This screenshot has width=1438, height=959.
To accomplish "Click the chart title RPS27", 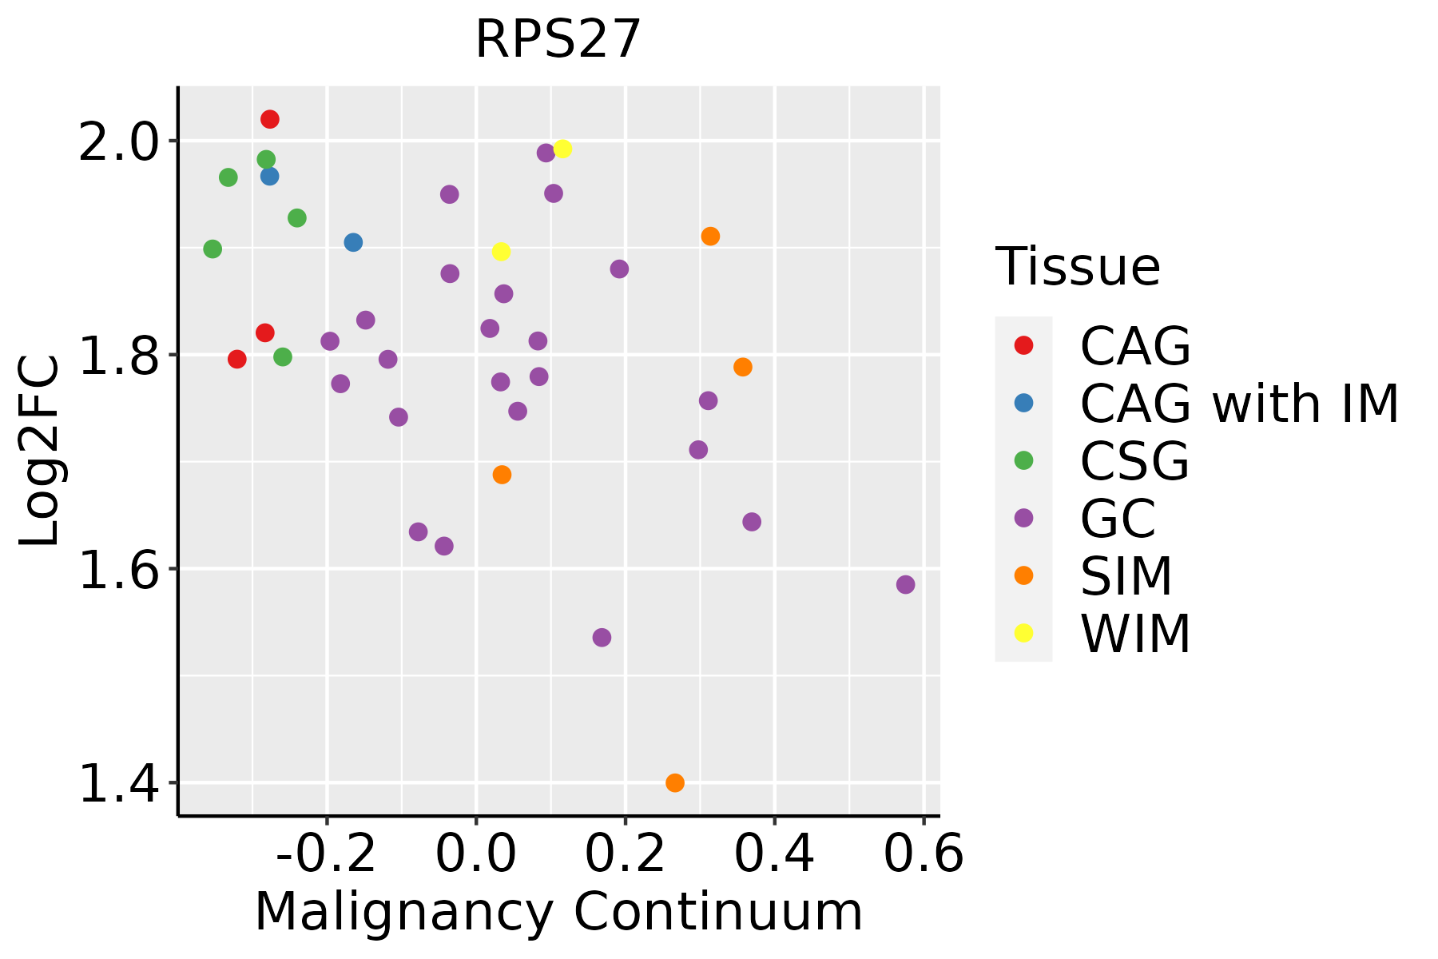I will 558,40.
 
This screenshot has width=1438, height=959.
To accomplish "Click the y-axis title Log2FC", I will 40,451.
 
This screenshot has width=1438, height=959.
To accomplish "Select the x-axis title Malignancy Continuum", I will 558,912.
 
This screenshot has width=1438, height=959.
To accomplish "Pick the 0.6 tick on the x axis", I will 924,855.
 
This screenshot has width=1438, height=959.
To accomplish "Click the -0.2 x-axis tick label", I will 326,855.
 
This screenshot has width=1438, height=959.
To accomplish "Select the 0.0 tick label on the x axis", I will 476,855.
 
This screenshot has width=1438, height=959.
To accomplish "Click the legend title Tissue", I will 1078,267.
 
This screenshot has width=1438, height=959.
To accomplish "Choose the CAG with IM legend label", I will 1239,404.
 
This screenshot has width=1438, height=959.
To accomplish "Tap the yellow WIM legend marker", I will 1023,633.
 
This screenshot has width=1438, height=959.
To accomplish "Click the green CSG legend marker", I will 1023,460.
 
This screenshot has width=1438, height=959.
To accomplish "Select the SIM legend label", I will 1126,575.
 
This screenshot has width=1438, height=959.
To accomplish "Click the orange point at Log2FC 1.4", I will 675,782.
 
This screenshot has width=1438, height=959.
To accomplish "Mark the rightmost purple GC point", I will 905,584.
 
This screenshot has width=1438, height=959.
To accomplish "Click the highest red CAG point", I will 270,119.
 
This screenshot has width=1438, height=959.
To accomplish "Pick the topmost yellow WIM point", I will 562,149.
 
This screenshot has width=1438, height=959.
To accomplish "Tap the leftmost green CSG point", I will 213,249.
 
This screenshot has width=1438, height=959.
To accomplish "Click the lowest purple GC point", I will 602,637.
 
